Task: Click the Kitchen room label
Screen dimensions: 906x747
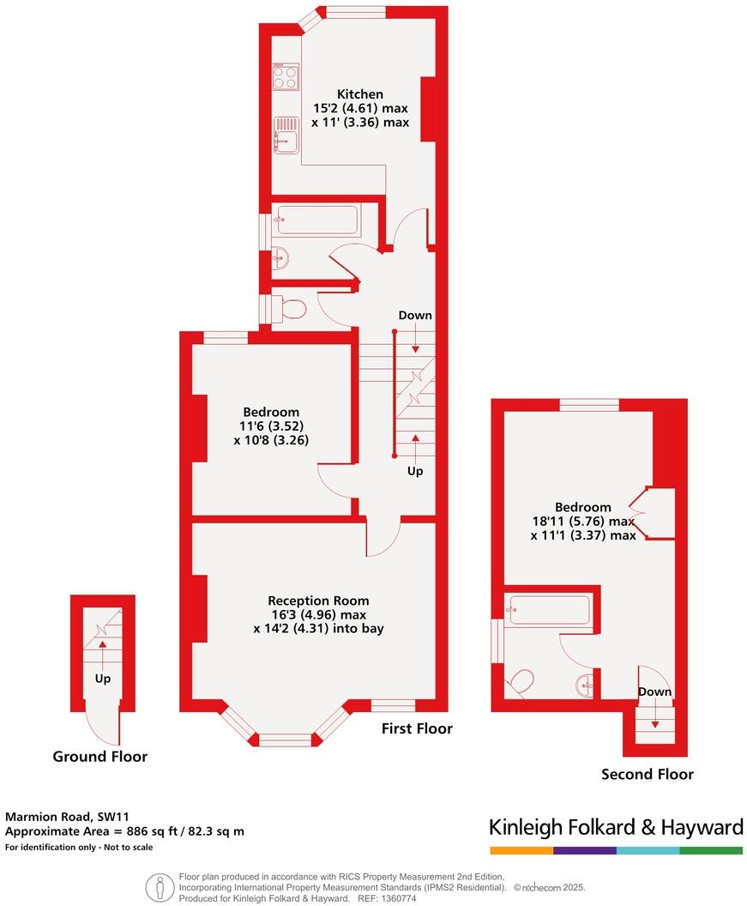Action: (359, 94)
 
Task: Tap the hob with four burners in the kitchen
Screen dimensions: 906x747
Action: (286, 78)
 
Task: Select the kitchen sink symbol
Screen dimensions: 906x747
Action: (286, 136)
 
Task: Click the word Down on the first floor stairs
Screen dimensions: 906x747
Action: (415, 316)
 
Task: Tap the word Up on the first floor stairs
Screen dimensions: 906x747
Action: (415, 471)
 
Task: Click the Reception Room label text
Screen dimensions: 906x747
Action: (318, 601)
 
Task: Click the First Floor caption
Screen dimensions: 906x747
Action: (417, 728)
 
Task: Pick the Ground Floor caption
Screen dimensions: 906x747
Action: (99, 757)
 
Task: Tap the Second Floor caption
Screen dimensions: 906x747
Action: (647, 775)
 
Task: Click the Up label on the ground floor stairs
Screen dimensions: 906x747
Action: (102, 679)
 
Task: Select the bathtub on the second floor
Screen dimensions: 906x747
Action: (547, 610)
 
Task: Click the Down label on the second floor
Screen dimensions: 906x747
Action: (654, 692)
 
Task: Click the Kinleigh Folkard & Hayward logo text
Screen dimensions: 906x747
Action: (615, 828)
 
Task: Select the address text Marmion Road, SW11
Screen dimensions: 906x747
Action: (67, 817)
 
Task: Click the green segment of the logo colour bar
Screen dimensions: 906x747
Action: (711, 850)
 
